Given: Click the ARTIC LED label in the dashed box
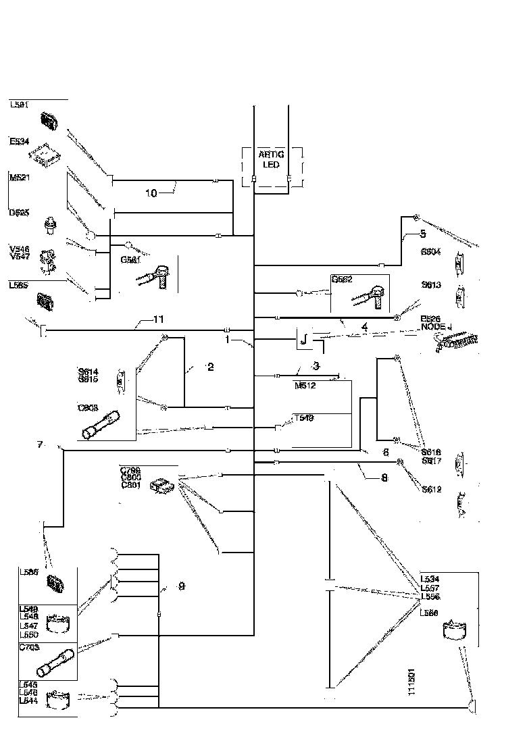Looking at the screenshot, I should [x=272, y=159].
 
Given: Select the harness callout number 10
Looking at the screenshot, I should [x=151, y=193].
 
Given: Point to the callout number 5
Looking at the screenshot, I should [x=423, y=234].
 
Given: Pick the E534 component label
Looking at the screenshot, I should [x=19, y=142].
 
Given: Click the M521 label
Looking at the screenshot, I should [x=20, y=177].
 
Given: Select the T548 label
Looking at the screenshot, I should [x=303, y=418].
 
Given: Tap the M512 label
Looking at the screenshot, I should [x=306, y=386].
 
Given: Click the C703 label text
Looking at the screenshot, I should [x=29, y=646].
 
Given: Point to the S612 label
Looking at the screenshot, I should [x=431, y=490].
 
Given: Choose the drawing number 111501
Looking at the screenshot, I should [x=411, y=684].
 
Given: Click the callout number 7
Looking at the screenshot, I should [x=40, y=444].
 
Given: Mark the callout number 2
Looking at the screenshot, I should [x=211, y=367].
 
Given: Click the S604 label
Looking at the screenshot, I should [x=430, y=251].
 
